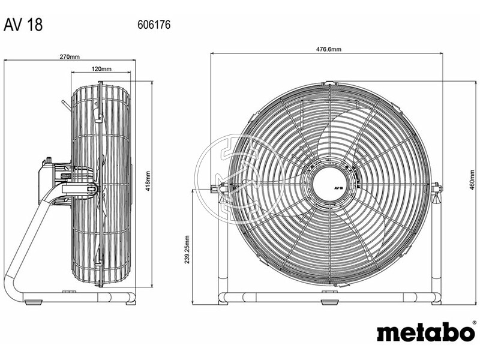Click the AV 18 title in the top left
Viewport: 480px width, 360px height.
(23, 26)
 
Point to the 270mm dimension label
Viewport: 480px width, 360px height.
(70, 57)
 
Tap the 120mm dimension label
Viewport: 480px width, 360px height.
(101, 69)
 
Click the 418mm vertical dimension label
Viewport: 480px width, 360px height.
(148, 181)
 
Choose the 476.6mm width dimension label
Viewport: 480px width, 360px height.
(327, 50)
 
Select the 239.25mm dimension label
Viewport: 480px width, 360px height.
(188, 250)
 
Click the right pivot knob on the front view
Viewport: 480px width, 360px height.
(436, 189)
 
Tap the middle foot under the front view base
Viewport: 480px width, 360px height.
(329, 302)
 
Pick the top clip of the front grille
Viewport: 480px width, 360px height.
(329, 83)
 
